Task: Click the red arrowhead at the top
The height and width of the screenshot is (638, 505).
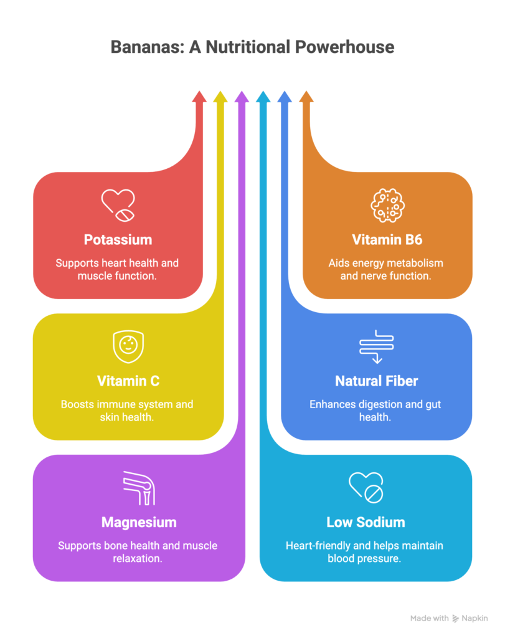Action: pyautogui.click(x=199, y=97)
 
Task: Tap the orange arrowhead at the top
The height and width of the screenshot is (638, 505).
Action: pyautogui.click(x=306, y=97)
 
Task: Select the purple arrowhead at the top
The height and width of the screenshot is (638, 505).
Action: pyautogui.click(x=242, y=97)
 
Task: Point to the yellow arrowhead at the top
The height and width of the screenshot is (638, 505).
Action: pyautogui.click(x=220, y=97)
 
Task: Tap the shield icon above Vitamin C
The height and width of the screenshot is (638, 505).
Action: pyautogui.click(x=127, y=346)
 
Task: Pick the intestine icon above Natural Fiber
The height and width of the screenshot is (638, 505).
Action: pyautogui.click(x=377, y=346)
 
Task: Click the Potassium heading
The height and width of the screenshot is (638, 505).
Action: pyautogui.click(x=118, y=240)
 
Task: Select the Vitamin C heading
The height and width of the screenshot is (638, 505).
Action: pyautogui.click(x=128, y=381)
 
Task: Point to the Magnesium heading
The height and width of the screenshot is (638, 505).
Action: pyautogui.click(x=138, y=522)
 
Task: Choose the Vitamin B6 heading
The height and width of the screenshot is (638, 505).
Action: pyautogui.click(x=388, y=240)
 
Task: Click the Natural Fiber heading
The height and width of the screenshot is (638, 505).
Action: pyautogui.click(x=376, y=381)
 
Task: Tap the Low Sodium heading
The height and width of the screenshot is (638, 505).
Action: pyautogui.click(x=366, y=522)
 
